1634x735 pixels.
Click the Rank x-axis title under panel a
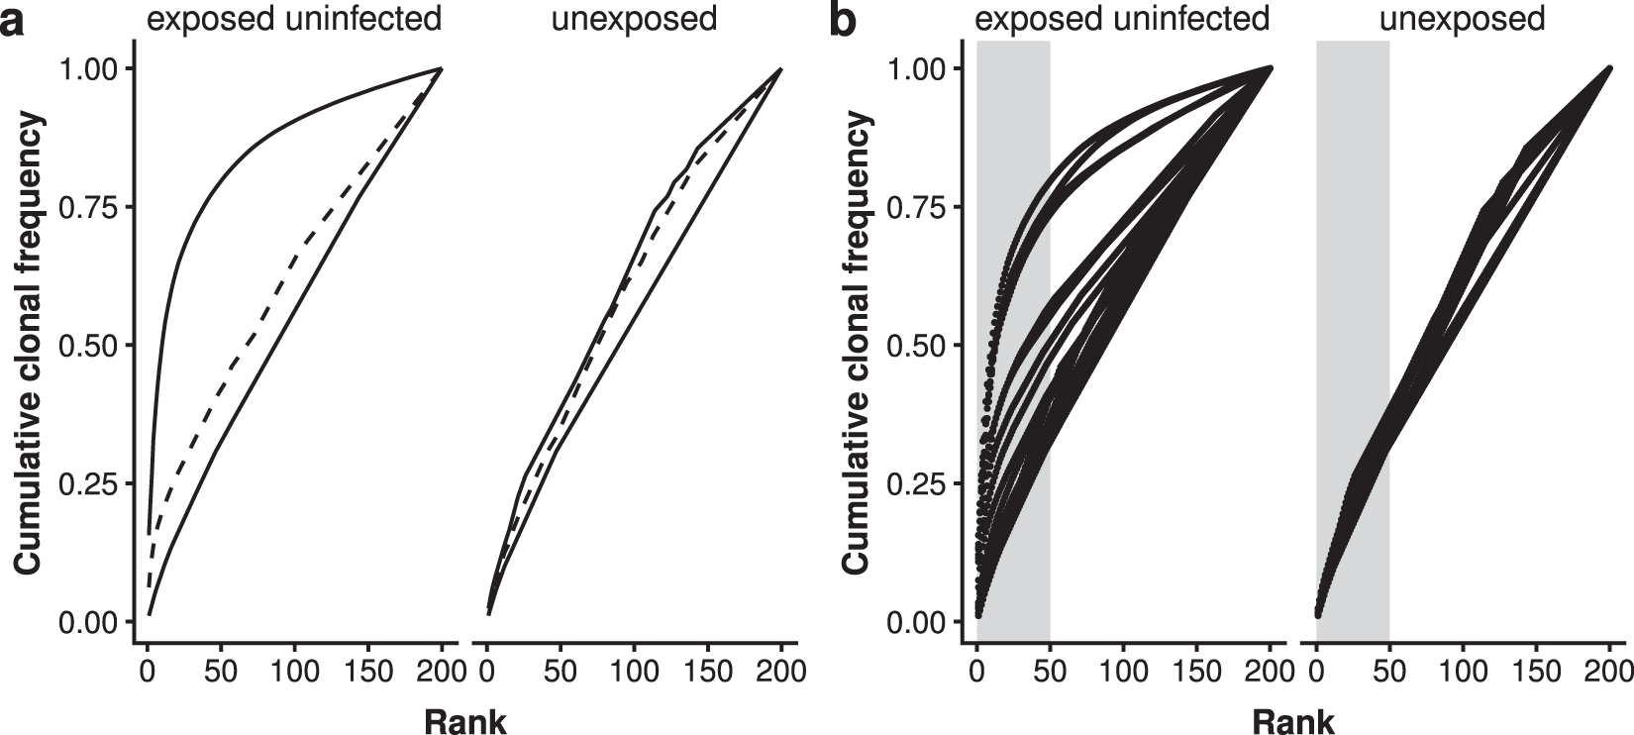[464, 721]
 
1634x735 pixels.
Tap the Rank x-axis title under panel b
[1294, 721]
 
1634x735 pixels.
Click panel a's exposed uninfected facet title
[294, 18]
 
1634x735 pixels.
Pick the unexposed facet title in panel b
[1464, 18]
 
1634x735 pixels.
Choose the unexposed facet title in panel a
[634, 18]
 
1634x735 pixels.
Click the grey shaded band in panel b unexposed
[1353, 198]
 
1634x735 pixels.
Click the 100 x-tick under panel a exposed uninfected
[294, 672]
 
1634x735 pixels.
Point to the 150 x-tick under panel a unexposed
[707, 672]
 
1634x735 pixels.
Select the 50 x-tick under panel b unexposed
[1389, 672]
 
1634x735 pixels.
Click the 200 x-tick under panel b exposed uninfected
[1271, 672]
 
